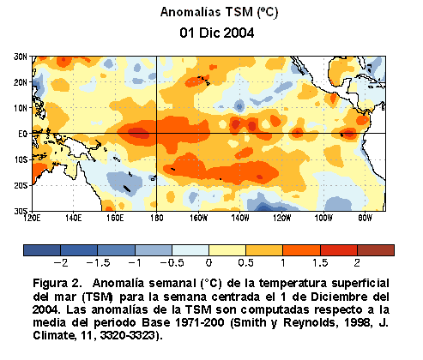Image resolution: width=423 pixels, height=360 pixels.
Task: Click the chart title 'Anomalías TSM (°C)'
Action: pos(219,12)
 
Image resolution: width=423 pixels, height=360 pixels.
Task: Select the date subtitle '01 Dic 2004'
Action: pos(217,33)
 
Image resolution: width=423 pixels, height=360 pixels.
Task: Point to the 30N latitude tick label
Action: pos(21,57)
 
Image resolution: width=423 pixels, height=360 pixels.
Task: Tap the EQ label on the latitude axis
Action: pos(22,134)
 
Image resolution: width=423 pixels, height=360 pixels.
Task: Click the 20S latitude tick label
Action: pos(21,185)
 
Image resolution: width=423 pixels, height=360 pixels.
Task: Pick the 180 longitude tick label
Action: pos(157,218)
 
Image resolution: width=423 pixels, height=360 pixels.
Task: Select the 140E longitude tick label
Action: pos(74,218)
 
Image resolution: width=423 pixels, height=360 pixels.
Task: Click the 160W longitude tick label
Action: pos(198,218)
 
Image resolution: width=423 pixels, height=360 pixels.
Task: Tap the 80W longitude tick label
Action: pos(366,218)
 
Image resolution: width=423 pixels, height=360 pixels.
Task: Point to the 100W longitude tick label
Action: pos(323,218)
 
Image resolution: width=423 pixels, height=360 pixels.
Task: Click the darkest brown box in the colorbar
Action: pos(376,250)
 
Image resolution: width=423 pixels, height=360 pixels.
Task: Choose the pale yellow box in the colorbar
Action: pos(227,250)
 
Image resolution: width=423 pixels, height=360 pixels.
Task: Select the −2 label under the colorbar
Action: pos(61,262)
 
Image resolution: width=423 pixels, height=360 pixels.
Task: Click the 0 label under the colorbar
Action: pos(209,262)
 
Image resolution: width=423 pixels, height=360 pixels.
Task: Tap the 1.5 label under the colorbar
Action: pos(320,262)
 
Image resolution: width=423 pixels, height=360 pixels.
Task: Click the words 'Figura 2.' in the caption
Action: pos(57,284)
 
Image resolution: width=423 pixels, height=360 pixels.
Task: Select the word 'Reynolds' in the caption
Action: pos(310,322)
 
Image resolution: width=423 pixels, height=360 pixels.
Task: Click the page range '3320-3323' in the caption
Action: pos(128,335)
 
